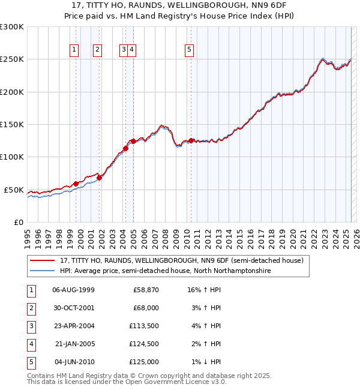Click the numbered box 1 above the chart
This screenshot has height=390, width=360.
pyautogui.click(x=74, y=50)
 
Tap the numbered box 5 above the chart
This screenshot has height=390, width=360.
pyautogui.click(x=189, y=50)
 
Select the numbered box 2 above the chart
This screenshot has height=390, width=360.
pyautogui.click(x=97, y=50)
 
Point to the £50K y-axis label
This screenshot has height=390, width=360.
pyautogui.click(x=14, y=190)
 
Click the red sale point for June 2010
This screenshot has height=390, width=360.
pyautogui.click(x=191, y=140)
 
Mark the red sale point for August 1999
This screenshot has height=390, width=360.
pyautogui.click(x=76, y=184)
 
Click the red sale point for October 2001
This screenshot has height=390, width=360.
pyautogui.click(x=100, y=178)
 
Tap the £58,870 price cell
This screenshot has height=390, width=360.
pyautogui.click(x=145, y=290)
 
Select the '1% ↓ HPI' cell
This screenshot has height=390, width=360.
pyautogui.click(x=204, y=362)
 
